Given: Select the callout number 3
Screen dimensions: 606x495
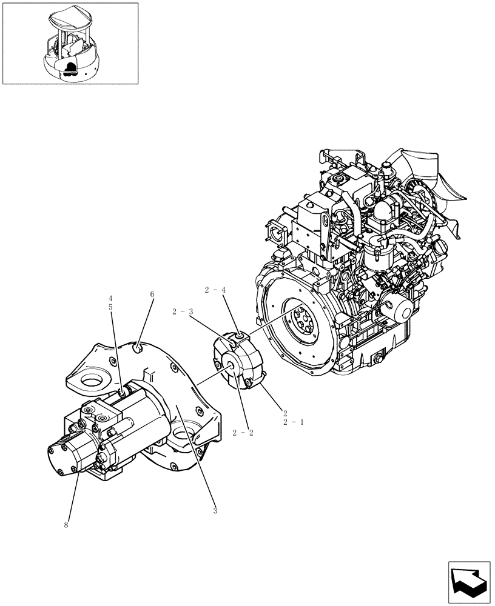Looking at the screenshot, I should click(215, 511).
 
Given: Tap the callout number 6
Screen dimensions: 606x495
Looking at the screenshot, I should click(152, 295).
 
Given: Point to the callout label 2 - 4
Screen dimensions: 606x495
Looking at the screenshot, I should click(215, 290).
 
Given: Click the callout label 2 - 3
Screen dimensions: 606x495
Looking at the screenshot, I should click(183, 312).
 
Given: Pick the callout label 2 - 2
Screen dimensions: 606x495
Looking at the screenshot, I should click(242, 433).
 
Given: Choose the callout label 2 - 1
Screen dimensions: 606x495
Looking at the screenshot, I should click(293, 422).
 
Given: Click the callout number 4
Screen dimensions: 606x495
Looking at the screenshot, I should click(111, 299).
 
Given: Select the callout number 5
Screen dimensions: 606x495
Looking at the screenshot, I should click(111, 307).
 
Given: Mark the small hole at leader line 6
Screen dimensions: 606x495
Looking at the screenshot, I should click(139, 347).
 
